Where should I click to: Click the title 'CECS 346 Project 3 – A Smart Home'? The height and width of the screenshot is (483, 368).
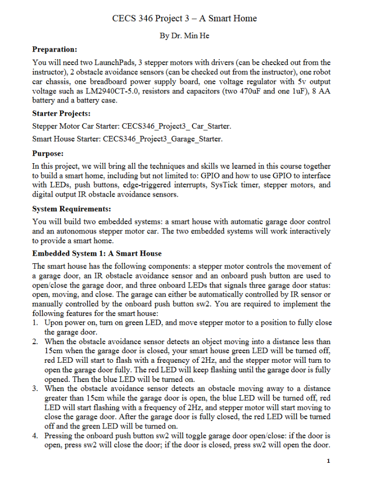[184, 19]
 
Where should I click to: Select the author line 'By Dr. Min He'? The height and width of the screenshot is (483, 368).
[184, 36]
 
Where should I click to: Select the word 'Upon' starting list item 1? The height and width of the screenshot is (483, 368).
[54, 322]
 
